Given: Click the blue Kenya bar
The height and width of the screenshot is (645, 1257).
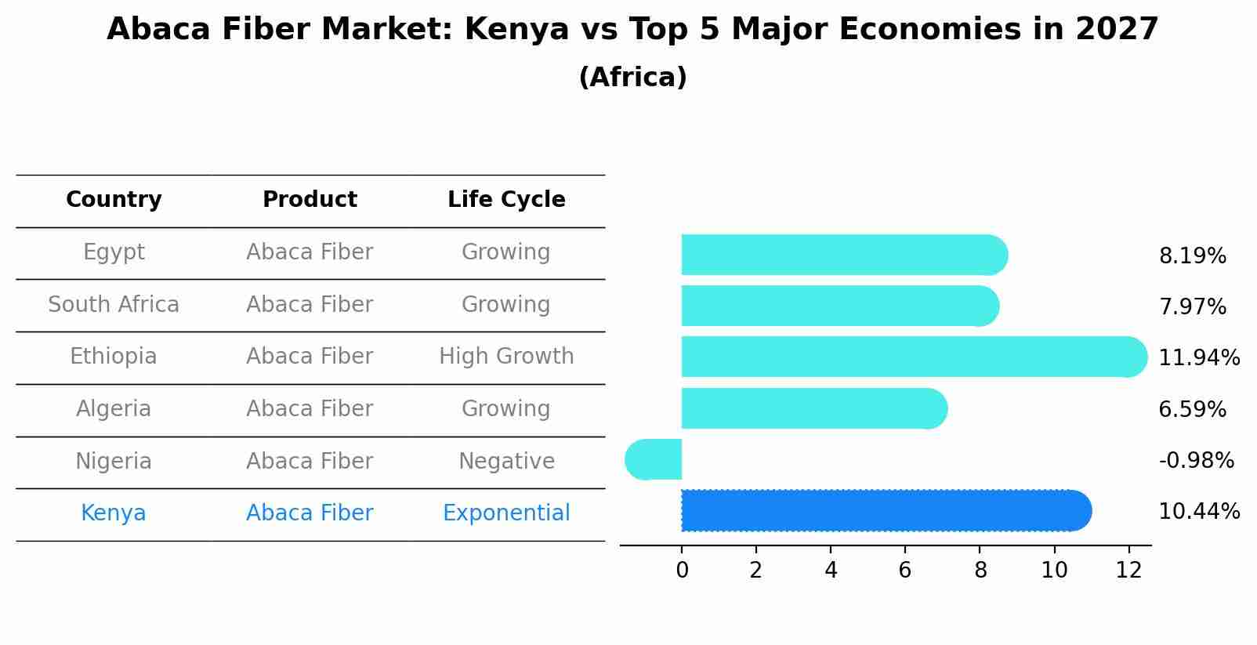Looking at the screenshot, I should pyautogui.click(x=886, y=510).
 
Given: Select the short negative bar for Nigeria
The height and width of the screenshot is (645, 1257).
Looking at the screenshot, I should pyautogui.click(x=654, y=459).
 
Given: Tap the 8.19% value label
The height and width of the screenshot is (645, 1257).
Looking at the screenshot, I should pyautogui.click(x=1192, y=256).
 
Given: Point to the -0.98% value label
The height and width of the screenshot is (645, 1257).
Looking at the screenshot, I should pyautogui.click(x=1196, y=461).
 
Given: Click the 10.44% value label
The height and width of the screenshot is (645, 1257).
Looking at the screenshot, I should pyautogui.click(x=1198, y=512).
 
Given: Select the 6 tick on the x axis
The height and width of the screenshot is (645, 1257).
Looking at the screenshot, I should pyautogui.click(x=905, y=571).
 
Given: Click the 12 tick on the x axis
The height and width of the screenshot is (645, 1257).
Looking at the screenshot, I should pyautogui.click(x=1128, y=571).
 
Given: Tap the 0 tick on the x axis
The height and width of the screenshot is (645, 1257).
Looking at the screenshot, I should pyautogui.click(x=682, y=571).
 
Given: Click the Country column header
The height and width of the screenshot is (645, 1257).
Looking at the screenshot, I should pyautogui.click(x=114, y=200).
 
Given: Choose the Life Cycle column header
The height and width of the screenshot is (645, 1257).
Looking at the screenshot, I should pyautogui.click(x=506, y=200).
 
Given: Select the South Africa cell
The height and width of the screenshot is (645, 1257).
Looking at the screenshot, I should pyautogui.click(x=114, y=305).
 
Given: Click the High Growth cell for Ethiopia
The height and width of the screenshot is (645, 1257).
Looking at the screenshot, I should pyautogui.click(x=506, y=357).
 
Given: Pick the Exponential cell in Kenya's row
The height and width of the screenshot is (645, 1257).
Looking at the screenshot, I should pyautogui.click(x=506, y=513).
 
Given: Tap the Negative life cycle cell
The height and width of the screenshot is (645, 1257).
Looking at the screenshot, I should pyautogui.click(x=506, y=462).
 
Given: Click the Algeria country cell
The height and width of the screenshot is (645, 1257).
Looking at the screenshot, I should pyautogui.click(x=114, y=409).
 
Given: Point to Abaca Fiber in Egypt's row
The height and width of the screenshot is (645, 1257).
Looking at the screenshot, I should pyautogui.click(x=310, y=252).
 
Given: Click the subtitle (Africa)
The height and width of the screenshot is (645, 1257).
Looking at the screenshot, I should pyautogui.click(x=632, y=78).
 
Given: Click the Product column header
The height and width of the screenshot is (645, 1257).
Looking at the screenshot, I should pyautogui.click(x=310, y=200).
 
